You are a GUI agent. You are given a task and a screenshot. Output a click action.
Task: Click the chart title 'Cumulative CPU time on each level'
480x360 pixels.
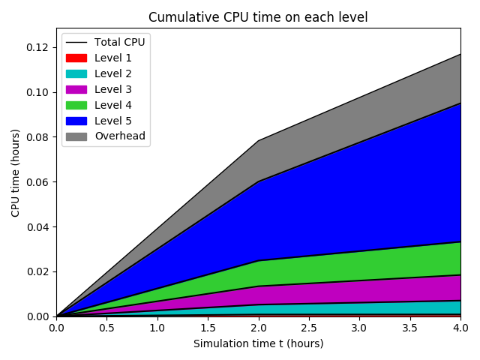258,17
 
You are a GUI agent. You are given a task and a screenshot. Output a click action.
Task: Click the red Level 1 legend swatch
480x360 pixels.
76,58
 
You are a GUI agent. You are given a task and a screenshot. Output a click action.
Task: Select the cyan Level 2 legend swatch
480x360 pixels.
76,73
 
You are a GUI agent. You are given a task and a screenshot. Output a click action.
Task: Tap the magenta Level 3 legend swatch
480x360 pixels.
76,89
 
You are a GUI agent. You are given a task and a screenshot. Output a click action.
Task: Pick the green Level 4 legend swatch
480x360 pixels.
76,105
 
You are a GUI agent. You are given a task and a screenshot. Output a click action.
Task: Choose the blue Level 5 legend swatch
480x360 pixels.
76,121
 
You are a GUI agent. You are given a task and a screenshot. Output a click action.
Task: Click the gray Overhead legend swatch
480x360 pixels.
76,136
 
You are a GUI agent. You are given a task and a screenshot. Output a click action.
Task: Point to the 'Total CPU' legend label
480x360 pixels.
120,42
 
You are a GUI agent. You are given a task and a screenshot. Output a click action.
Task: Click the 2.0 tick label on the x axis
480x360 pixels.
258,328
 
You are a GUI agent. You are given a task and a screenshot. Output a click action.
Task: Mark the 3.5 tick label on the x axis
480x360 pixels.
409,328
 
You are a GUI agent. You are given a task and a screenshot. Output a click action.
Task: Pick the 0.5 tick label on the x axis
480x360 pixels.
106,328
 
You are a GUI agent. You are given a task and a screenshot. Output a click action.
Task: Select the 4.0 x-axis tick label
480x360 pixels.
460,328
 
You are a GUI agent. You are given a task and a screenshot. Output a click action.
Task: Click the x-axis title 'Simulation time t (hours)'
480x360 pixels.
258,343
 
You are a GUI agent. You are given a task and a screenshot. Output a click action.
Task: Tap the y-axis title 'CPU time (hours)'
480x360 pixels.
15,172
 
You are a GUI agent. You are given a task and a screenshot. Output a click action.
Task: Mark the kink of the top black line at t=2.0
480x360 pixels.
258,140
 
